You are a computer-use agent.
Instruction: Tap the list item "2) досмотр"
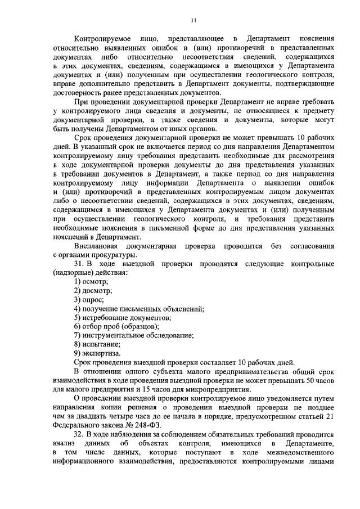(x=93, y=290)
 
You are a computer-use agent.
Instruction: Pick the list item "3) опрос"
(x=89, y=299)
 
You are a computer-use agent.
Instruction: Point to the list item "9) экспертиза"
(x=97, y=353)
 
